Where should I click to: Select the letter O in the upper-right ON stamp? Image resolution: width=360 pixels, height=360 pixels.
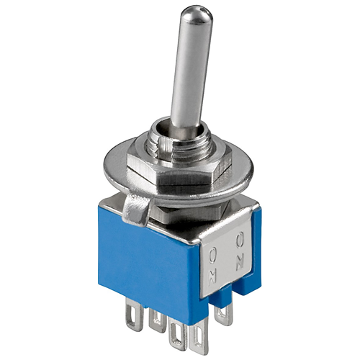(240, 240)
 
